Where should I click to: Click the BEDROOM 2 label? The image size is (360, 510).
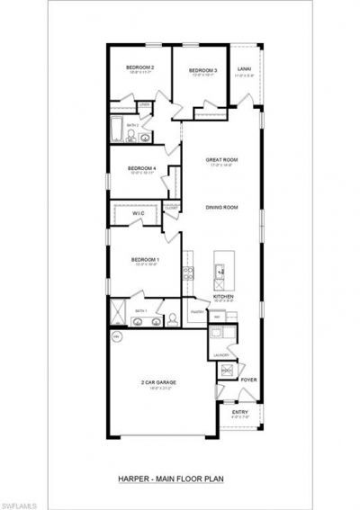point(139,67)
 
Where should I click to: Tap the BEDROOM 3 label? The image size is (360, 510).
point(204,70)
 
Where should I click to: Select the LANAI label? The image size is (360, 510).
point(244,68)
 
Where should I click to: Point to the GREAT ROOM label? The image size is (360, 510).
point(220,159)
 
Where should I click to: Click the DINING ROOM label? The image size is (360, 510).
point(221,208)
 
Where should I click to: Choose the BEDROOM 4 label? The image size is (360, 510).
point(141,168)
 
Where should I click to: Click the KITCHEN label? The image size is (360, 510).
point(223,296)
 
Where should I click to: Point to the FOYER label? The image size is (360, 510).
point(248,380)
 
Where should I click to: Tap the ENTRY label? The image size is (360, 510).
point(239,412)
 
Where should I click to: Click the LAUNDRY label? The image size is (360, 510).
point(221,356)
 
